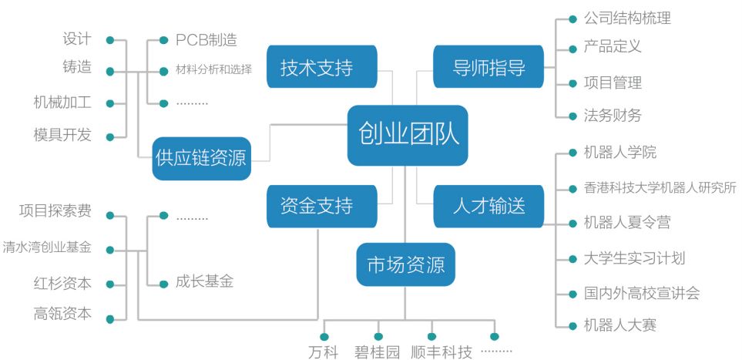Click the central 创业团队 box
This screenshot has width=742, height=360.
[408, 135]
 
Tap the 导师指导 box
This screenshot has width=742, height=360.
[489, 68]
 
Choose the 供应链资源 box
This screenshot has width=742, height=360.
[200, 158]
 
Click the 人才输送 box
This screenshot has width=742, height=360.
[489, 206]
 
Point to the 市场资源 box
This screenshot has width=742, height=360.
[405, 265]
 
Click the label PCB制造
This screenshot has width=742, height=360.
[206, 39]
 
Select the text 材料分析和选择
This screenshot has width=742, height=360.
[213, 70]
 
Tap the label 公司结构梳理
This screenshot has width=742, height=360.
[627, 18]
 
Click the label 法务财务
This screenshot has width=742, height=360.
[613, 116]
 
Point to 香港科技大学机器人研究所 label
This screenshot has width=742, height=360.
[660, 187]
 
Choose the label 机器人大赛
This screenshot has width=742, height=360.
[620, 325]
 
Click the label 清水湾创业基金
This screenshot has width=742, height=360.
[47, 248]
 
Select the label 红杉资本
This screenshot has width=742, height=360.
[62, 283]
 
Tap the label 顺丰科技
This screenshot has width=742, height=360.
[441, 352]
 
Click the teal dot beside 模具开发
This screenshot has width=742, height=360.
[109, 137]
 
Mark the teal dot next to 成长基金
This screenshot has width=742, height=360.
[163, 282]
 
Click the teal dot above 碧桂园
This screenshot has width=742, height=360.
[378, 336]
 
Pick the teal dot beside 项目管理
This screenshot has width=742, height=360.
[572, 83]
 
